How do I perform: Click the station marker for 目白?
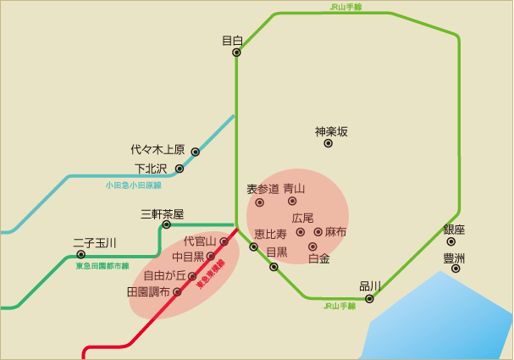237,53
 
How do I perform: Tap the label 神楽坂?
331,131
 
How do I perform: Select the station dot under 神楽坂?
329,144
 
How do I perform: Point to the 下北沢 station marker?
180,169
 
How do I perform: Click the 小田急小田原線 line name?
133,185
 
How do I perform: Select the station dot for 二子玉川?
81,254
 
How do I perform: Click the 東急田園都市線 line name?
102,266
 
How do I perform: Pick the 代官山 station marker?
224,241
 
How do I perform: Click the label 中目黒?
189,256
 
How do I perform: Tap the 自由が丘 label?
164,275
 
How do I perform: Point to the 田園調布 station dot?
178,292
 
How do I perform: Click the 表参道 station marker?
260,202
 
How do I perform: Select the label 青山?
294,188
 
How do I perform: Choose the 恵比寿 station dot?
254,246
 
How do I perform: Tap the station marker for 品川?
369,298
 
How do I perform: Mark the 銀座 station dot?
451,241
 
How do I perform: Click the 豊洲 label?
455,258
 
